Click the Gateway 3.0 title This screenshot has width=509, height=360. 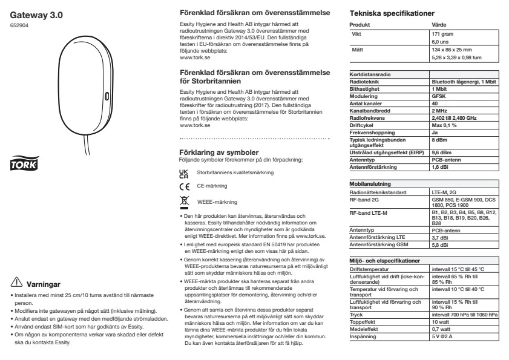click(37, 13)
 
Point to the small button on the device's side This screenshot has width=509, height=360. click(106, 96)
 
